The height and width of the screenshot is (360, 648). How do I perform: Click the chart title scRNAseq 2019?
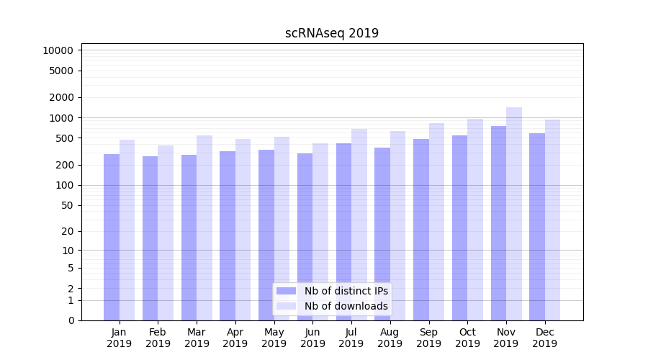332,33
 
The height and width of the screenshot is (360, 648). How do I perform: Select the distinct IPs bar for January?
112,238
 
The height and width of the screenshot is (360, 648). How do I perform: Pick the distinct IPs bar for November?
498,223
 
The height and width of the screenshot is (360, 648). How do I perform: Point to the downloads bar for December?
553,220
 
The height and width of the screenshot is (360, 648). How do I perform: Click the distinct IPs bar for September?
421,230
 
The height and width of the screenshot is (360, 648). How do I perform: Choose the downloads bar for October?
475,220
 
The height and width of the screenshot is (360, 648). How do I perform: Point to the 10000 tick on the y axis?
58,50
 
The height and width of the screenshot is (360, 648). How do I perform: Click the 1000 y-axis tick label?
61,117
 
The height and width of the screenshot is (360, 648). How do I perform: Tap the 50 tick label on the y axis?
67,205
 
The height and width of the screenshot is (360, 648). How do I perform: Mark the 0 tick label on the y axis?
71,320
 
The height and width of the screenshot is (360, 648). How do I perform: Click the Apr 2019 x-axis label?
235,338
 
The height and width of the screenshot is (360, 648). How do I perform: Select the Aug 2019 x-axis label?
390,338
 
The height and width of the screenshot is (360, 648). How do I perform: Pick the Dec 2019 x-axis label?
545,338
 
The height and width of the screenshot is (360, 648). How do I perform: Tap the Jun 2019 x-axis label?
312,338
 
